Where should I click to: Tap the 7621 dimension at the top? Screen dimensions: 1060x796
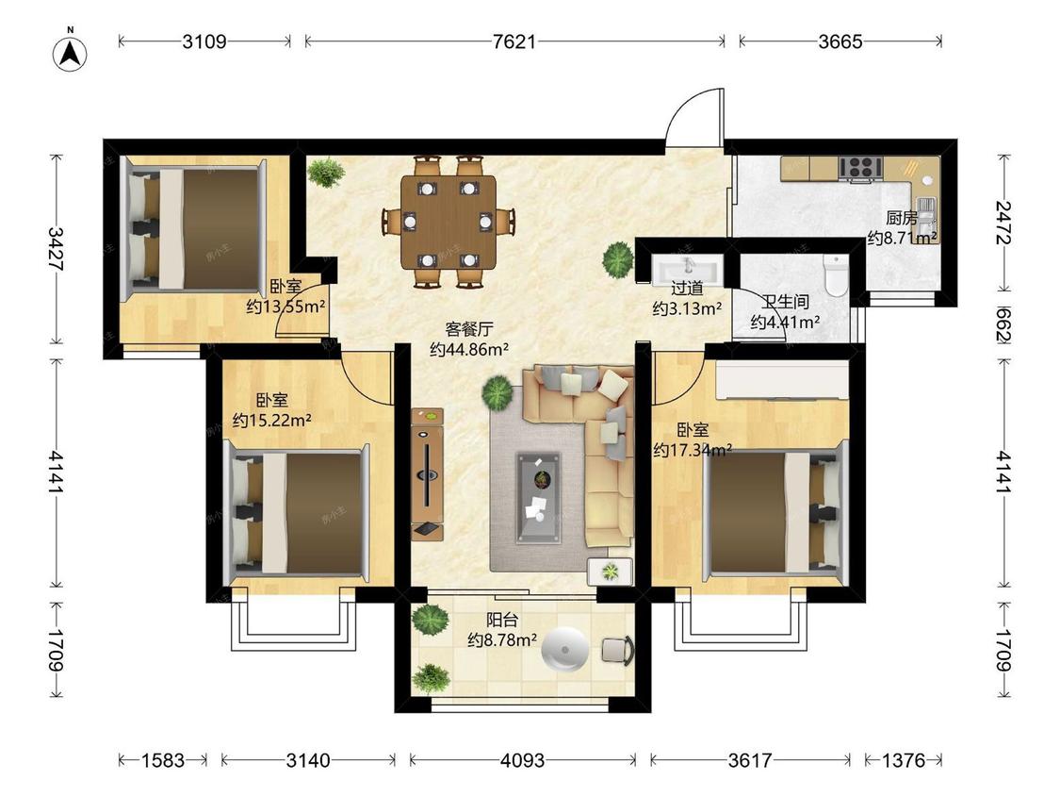tap(514, 41)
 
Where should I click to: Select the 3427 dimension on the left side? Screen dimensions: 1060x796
tap(57, 249)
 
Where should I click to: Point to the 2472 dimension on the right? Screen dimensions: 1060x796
tap(1003, 223)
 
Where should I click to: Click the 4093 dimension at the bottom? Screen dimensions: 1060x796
tap(522, 760)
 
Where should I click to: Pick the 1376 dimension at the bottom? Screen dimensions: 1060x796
tap(904, 760)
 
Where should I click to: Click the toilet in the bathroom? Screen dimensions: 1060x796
tap(837, 275)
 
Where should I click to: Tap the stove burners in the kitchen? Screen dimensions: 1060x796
tap(860, 168)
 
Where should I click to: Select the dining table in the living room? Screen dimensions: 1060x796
tap(448, 222)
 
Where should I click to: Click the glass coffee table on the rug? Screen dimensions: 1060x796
tap(538, 498)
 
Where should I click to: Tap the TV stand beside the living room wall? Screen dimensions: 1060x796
tap(427, 473)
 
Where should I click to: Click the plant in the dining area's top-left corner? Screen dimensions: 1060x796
tap(326, 172)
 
